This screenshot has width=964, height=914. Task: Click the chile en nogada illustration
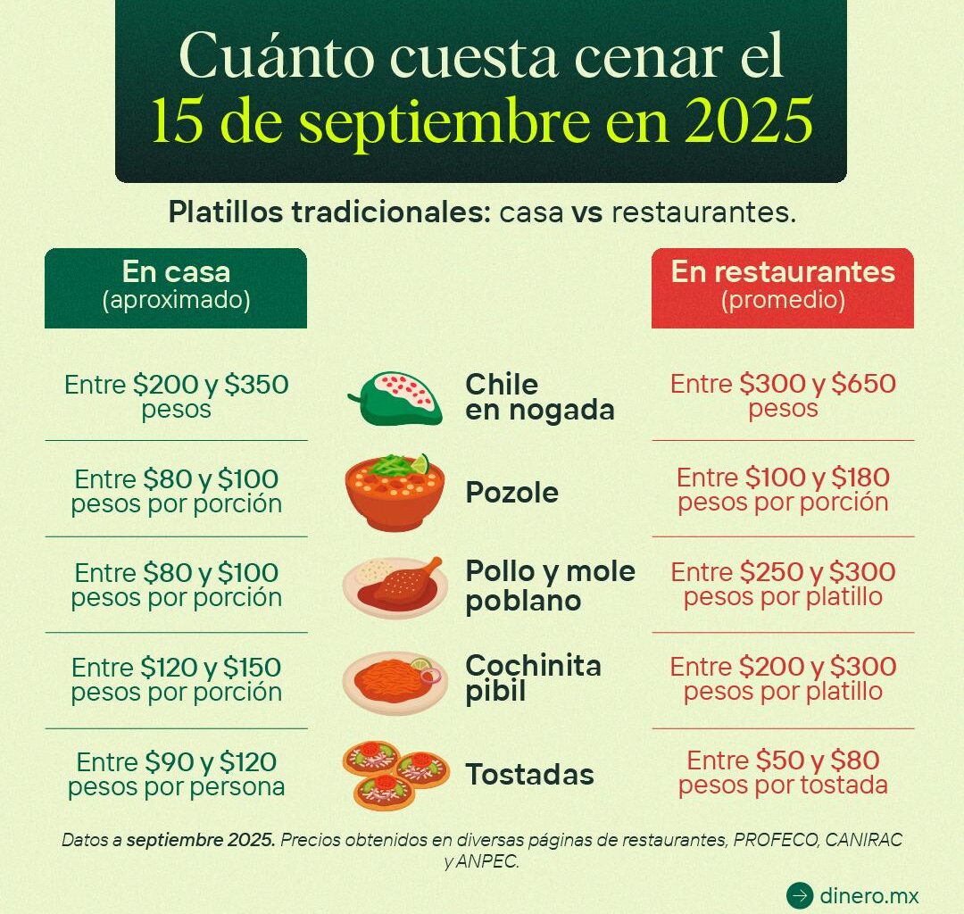click(x=395, y=396)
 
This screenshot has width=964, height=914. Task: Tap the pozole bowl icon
click(x=395, y=492)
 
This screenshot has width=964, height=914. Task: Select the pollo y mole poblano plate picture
click(x=395, y=586)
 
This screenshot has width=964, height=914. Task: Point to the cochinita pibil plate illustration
click(x=394, y=683)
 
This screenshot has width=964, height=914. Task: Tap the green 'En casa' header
click(x=176, y=287)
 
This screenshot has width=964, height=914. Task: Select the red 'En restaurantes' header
click(x=783, y=287)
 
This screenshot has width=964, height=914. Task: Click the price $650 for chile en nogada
click(x=863, y=385)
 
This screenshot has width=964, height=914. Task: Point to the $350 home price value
click(x=256, y=385)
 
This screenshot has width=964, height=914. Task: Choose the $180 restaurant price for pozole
click(x=858, y=478)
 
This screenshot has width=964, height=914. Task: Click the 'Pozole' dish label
click(x=511, y=493)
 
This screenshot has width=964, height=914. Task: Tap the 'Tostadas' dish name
click(x=529, y=775)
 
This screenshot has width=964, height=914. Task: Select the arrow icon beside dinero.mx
click(x=800, y=895)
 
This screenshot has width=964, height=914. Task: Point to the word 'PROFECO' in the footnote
click(x=775, y=840)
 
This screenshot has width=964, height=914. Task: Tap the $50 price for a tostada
click(x=779, y=760)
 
